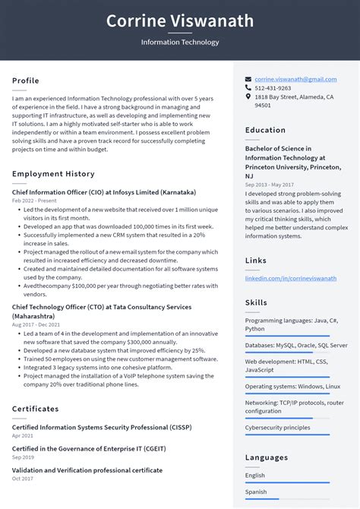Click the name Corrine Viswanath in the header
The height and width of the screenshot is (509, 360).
[180, 21]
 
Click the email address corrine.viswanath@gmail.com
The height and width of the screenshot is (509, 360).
[295, 79]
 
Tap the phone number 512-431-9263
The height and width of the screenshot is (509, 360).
[273, 88]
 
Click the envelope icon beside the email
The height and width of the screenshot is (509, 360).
[248, 79]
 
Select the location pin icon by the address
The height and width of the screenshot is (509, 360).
[248, 97]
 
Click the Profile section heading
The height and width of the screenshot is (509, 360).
[25, 81]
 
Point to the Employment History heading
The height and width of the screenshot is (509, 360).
[53, 174]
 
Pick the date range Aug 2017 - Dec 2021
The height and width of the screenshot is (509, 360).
[39, 324]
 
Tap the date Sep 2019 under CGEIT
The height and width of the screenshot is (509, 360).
[22, 457]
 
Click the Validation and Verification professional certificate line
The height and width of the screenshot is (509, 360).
[87, 470]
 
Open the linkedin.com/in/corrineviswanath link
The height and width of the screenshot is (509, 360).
[290, 278]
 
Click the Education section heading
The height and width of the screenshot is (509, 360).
[265, 130]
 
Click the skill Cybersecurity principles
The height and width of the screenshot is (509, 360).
[277, 428]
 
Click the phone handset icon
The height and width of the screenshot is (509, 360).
[248, 88]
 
